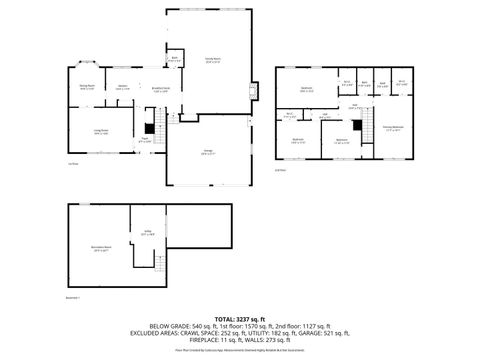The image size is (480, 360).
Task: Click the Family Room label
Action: pos(212,60)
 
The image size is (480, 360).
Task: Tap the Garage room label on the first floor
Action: pos(206,153)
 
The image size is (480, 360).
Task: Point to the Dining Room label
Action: pos(87,87)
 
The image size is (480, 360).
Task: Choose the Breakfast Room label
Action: pos(160,89)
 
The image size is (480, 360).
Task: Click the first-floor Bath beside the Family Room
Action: pos(174,59)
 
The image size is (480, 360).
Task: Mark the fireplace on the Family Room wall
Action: pos(252,93)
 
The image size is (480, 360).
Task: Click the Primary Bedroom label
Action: pos(393,128)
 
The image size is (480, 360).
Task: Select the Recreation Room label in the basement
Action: pos(101,250)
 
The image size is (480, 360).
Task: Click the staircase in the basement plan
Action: pos(157,263)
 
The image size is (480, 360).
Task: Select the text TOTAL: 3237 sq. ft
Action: pos(239,318)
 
